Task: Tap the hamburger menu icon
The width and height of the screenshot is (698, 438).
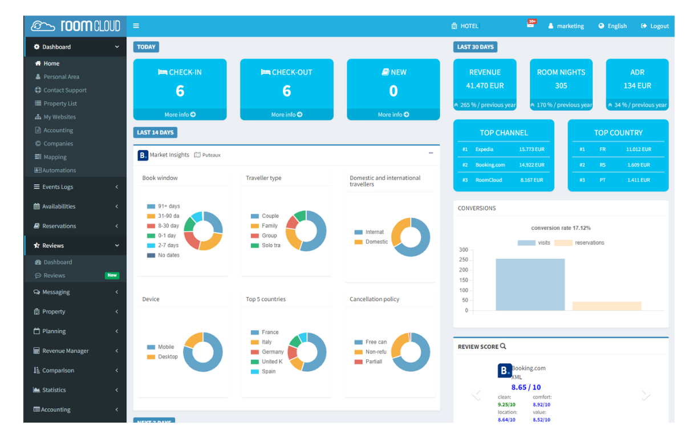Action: pyautogui.click(x=136, y=26)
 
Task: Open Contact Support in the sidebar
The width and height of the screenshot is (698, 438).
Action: pyautogui.click(x=65, y=90)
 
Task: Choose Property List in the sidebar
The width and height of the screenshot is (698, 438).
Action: pyautogui.click(x=60, y=104)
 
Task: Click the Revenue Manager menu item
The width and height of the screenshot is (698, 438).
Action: pyautogui.click(x=65, y=351)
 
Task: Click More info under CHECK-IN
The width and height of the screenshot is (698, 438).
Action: pyautogui.click(x=180, y=115)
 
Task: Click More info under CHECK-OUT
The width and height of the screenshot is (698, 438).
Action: pyautogui.click(x=286, y=115)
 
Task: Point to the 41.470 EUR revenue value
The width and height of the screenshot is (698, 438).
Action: pyautogui.click(x=485, y=86)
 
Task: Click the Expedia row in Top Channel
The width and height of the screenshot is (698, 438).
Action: pyautogui.click(x=484, y=149)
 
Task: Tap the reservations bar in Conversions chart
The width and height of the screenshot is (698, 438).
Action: pyautogui.click(x=606, y=306)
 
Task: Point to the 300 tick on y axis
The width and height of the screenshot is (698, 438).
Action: pyautogui.click(x=463, y=250)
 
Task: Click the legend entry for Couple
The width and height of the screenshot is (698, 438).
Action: pyautogui.click(x=270, y=216)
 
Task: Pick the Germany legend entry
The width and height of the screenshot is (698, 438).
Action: pyautogui.click(x=272, y=352)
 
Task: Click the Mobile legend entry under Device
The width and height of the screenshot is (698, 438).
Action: pyautogui.click(x=165, y=347)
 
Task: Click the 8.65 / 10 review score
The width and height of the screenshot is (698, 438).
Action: pyautogui.click(x=526, y=387)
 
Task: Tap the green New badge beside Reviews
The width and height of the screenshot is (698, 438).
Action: pyautogui.click(x=112, y=275)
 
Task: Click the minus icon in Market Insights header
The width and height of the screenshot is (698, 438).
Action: pyautogui.click(x=431, y=153)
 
